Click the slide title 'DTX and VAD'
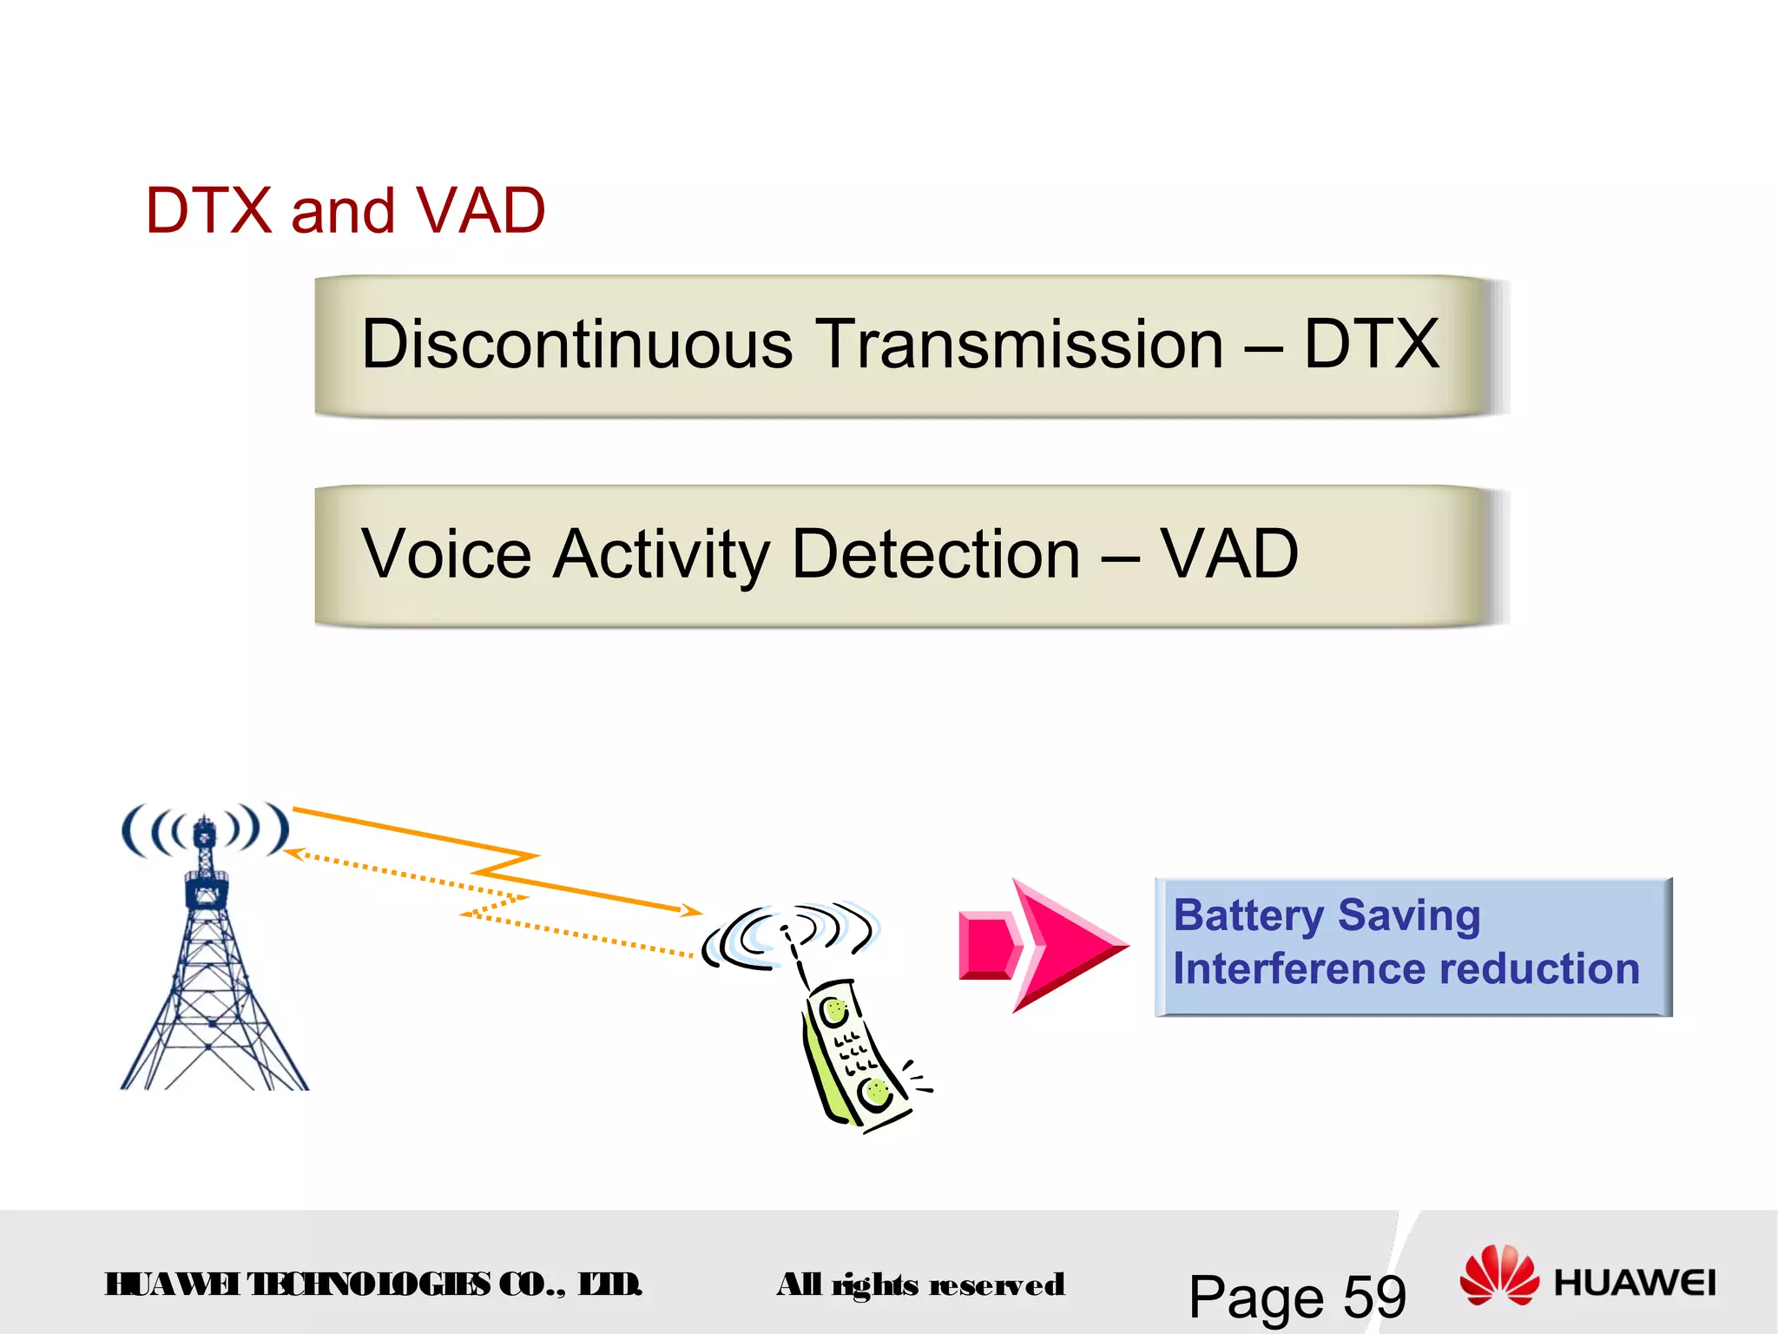pyautogui.click(x=345, y=211)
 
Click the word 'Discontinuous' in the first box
pyautogui.click(x=576, y=344)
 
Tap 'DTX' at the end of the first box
pyautogui.click(x=1371, y=344)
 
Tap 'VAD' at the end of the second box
pyautogui.click(x=1229, y=554)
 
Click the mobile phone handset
pyautogui.click(x=855, y=1055)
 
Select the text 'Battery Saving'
pyautogui.click(x=1327, y=916)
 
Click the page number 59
pyautogui.click(x=1374, y=1298)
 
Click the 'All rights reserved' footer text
pyautogui.click(x=920, y=1284)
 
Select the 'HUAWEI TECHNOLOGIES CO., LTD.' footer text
pyautogui.click(x=373, y=1284)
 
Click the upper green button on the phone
pyautogui.click(x=835, y=1011)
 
